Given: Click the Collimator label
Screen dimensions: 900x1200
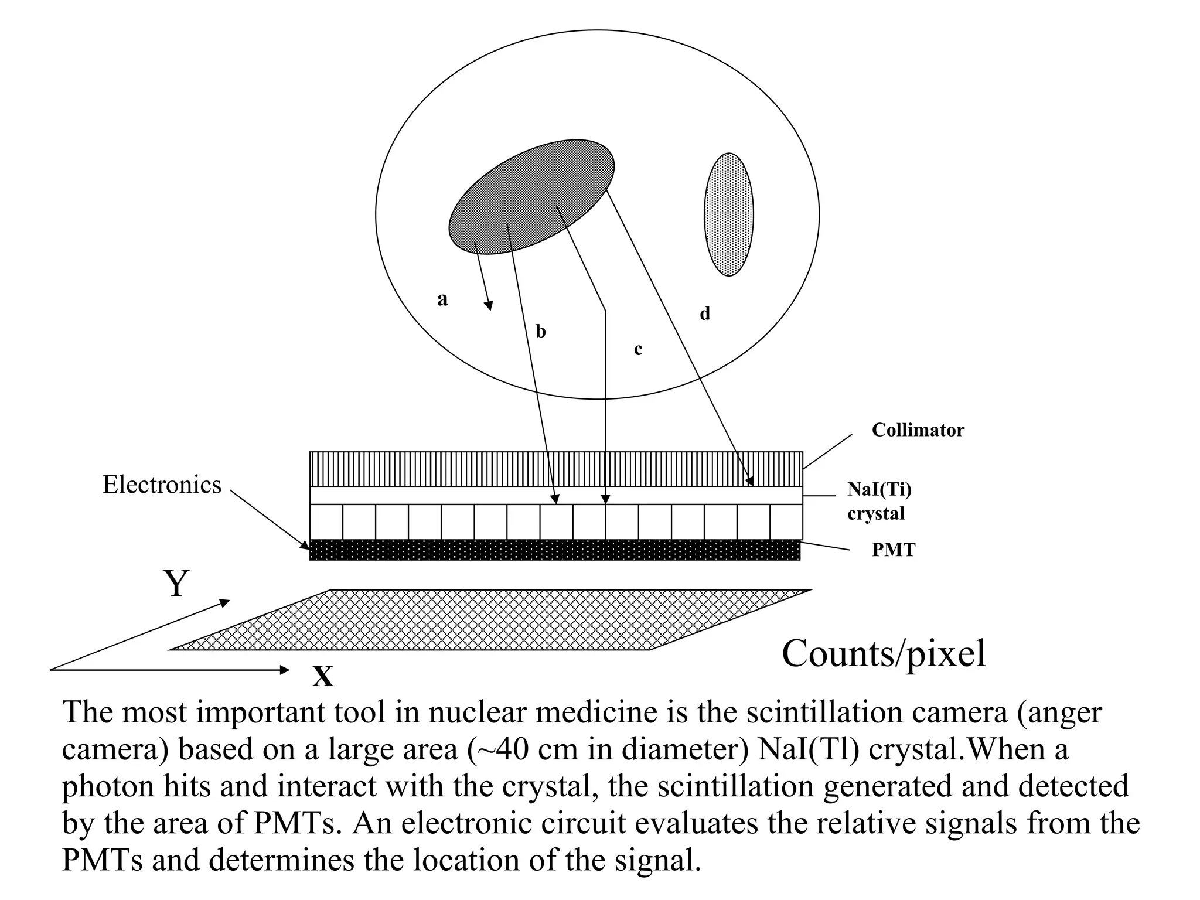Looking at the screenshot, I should [x=917, y=430].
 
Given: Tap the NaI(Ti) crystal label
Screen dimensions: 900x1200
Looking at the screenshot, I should [x=879, y=501].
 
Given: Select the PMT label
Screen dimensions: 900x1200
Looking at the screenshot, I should [x=893, y=550].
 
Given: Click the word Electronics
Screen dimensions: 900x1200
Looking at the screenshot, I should [x=162, y=485].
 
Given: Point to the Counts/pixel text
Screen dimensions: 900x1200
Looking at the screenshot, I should [x=883, y=654].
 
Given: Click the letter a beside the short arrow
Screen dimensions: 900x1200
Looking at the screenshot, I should [x=442, y=299].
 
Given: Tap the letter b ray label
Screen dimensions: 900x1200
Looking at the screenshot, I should [x=541, y=332].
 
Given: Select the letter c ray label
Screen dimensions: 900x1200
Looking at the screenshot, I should [x=638, y=350].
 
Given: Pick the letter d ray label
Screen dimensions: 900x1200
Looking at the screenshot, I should [x=705, y=314].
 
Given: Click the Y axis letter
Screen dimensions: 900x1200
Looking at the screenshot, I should [x=176, y=584].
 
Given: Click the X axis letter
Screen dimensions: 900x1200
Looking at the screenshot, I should [x=323, y=677].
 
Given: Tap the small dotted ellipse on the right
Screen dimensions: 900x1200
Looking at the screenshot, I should [x=728, y=214].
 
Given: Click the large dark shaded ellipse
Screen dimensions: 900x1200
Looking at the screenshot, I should [x=531, y=197].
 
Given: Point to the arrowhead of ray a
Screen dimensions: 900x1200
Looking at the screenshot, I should [x=489, y=305].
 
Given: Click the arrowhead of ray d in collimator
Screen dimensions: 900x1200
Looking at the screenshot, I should [x=750, y=482].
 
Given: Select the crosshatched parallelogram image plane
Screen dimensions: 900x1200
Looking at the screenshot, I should [x=489, y=620].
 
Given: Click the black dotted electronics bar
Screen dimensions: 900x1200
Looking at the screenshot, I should [x=554, y=550].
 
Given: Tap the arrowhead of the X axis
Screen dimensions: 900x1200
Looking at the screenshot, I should [x=285, y=670].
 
